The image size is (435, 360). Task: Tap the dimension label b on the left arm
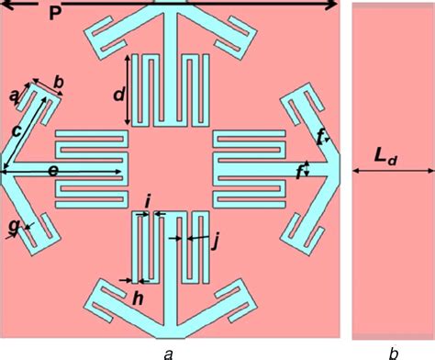click(59, 83)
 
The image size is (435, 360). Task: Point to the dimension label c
click(16, 130)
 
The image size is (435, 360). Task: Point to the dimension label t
click(318, 139)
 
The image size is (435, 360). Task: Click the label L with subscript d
click(386, 157)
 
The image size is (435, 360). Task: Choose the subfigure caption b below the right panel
click(393, 352)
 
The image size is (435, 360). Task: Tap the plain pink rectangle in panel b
click(393, 257)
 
